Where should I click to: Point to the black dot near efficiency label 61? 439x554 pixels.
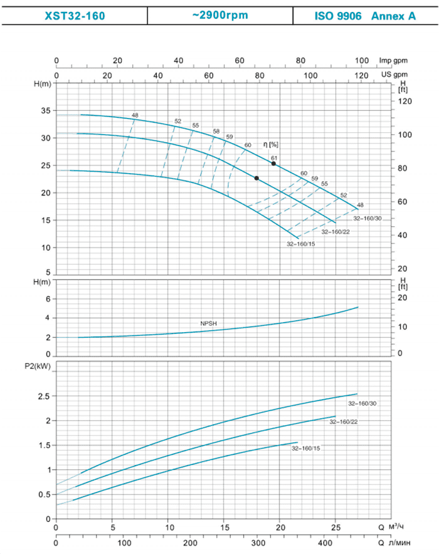coord(273,164)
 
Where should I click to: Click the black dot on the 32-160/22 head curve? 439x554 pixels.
coord(257,178)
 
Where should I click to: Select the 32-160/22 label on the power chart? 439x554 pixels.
coord(342,422)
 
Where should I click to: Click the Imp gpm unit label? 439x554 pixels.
coord(393,61)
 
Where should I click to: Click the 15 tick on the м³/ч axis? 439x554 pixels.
coord(224,527)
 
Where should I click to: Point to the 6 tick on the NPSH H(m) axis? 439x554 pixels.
coord(46,299)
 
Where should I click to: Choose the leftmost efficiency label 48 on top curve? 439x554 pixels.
coord(135,114)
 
